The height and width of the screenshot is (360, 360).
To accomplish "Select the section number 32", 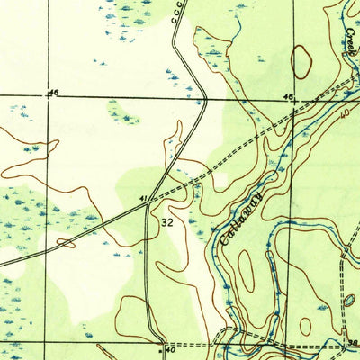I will click(x=167, y=220).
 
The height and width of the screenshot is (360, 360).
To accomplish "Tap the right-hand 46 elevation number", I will click(x=288, y=96).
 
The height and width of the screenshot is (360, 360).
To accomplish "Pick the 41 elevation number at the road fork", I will click(x=142, y=197).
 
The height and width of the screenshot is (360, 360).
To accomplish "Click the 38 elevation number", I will click(x=351, y=341).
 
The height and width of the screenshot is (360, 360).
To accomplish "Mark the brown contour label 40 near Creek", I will click(x=345, y=113).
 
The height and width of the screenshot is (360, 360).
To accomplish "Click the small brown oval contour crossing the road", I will click(x=66, y=242).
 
